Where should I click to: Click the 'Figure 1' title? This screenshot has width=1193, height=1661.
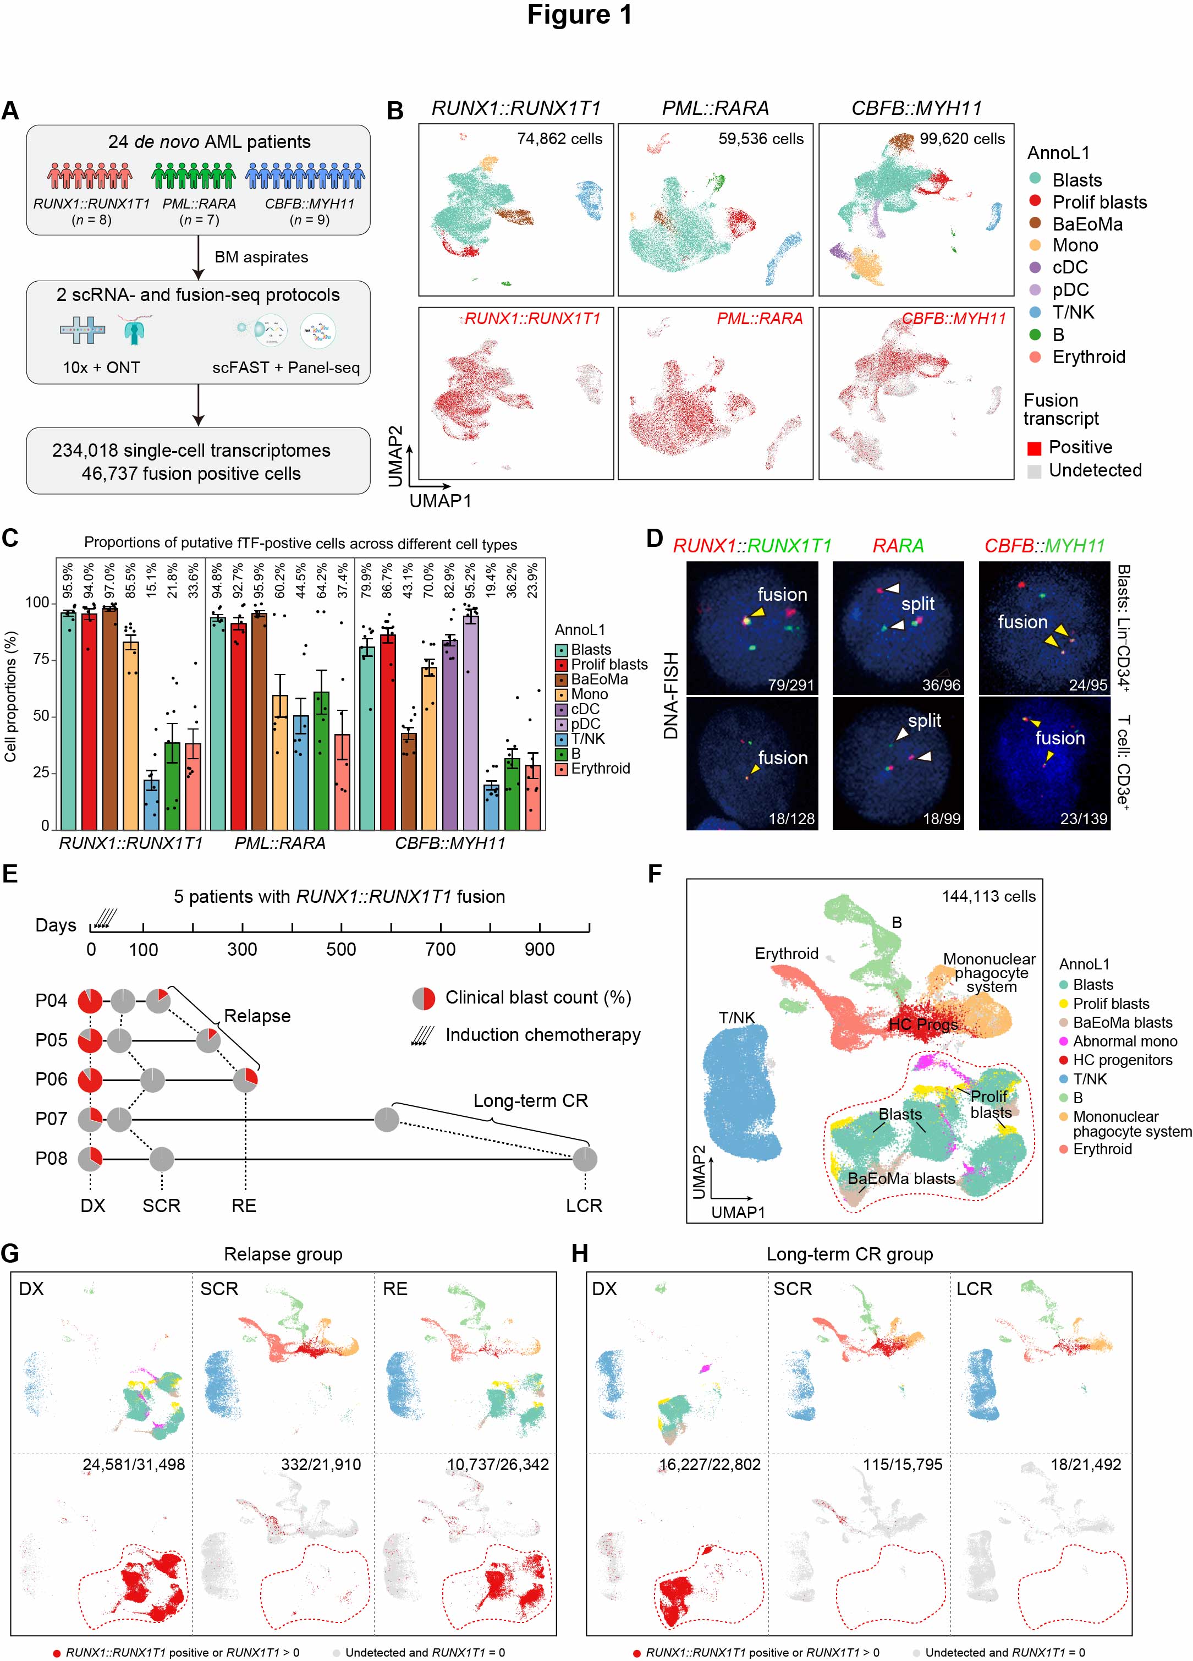pos(579,15)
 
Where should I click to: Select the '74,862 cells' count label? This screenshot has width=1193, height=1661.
pos(559,139)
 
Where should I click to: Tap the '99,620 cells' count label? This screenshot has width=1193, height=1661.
pos(963,139)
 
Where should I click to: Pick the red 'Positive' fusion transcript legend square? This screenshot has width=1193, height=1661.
pos(1034,448)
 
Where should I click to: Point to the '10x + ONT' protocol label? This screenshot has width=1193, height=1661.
pos(101,368)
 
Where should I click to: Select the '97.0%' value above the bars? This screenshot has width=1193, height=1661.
pos(110,580)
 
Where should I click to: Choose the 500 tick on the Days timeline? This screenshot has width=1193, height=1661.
pos(341,950)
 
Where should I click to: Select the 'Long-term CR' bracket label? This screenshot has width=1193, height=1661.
pos(530,1101)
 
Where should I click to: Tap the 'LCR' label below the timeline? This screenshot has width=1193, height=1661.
pos(584,1205)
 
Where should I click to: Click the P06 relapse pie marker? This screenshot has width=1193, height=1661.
pos(245,1080)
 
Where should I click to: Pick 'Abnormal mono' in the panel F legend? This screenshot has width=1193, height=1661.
pos(1124,1041)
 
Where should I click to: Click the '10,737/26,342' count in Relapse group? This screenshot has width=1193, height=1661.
pos(497,1464)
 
